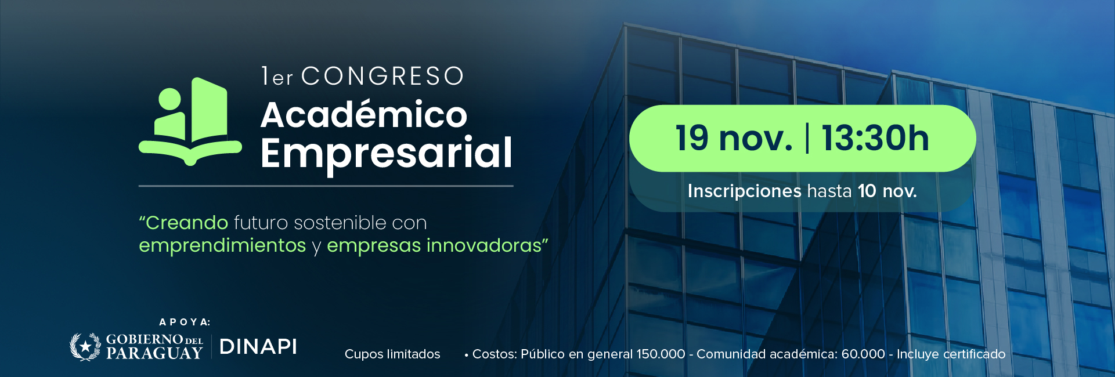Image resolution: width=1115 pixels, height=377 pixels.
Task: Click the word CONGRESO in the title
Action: click(x=383, y=76)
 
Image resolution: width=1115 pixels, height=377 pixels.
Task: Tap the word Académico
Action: click(x=364, y=114)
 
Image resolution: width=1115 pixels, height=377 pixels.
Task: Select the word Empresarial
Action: click(x=387, y=153)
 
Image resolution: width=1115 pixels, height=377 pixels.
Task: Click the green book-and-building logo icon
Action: click(x=190, y=121)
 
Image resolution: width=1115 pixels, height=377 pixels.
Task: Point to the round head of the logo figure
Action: click(x=170, y=99)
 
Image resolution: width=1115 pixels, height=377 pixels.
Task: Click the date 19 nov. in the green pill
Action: click(x=734, y=139)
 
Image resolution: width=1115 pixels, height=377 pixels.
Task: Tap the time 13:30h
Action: click(x=875, y=139)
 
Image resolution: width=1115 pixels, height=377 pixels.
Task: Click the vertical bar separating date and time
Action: click(x=807, y=139)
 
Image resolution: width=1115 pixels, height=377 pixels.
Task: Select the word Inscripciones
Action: click(x=744, y=191)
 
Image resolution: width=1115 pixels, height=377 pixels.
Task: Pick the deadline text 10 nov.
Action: click(x=887, y=191)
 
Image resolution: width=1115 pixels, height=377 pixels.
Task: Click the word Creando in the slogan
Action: click(x=187, y=223)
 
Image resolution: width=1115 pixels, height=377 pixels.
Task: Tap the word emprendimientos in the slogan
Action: click(x=222, y=245)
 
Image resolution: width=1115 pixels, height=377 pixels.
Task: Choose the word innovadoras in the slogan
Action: click(x=484, y=245)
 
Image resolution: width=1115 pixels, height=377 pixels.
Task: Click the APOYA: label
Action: click(x=185, y=322)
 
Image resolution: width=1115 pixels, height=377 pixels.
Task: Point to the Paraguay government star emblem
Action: click(x=86, y=347)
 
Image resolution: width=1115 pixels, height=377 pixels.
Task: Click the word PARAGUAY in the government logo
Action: click(x=154, y=353)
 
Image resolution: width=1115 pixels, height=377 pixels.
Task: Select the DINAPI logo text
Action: click(x=258, y=347)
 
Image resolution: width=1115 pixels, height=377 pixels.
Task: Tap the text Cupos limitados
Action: click(x=392, y=354)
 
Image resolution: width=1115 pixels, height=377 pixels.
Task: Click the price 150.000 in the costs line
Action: click(x=661, y=354)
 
